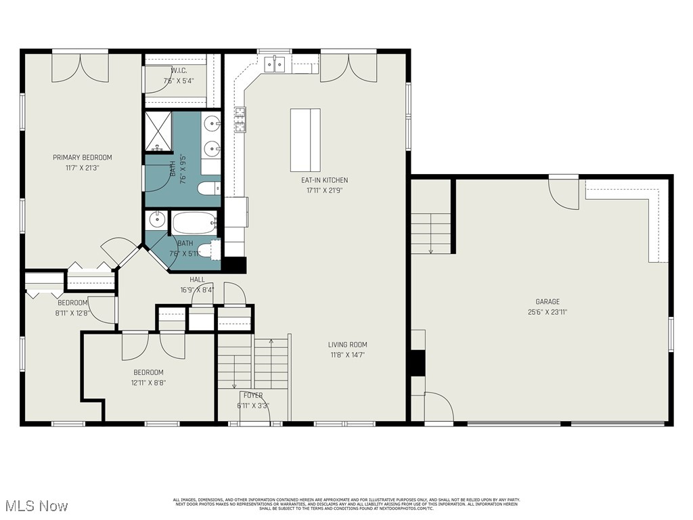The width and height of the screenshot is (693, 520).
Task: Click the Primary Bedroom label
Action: (x=82, y=157)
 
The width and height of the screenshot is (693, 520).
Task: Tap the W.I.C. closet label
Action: (x=179, y=70)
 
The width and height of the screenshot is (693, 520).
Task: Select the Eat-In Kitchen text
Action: (x=325, y=180)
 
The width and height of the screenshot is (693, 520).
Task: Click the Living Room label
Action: (x=348, y=345)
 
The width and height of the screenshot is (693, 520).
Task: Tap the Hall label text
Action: (x=197, y=279)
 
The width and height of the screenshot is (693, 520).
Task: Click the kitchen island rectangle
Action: (x=305, y=140)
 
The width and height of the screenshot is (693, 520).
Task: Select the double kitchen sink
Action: (x=275, y=65)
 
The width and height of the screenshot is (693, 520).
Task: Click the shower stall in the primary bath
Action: (x=158, y=132)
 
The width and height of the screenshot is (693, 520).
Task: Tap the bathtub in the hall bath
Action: (x=194, y=222)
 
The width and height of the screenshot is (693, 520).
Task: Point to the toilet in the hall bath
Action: (x=214, y=250)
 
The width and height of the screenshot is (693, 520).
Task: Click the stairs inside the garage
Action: (x=431, y=232)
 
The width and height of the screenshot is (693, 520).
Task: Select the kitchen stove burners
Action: (x=240, y=121)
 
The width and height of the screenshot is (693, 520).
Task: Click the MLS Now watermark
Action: (x=35, y=506)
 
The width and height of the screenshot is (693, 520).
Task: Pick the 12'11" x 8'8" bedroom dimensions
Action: (x=148, y=383)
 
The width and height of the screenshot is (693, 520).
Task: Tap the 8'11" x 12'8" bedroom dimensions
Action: (x=72, y=312)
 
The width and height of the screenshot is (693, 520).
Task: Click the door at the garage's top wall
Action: (x=563, y=192)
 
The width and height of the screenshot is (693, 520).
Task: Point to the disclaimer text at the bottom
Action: (x=346, y=504)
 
